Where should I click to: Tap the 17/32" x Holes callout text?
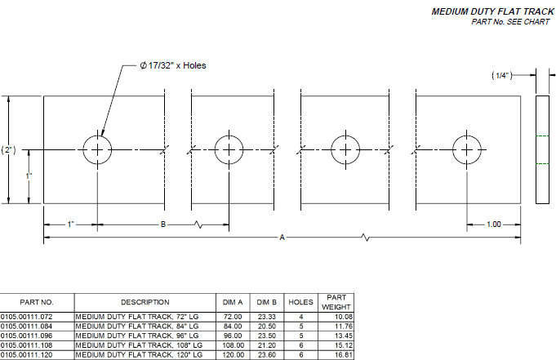click(x=173, y=64)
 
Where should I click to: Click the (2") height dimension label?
click(x=9, y=149)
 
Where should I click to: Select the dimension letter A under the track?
click(x=282, y=238)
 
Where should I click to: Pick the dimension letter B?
click(x=163, y=224)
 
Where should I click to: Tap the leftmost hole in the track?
click(x=97, y=149)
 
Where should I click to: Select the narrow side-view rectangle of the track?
click(x=543, y=149)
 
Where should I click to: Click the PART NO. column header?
click(x=37, y=302)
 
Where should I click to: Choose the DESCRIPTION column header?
click(x=145, y=302)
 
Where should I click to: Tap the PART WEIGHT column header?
click(x=336, y=302)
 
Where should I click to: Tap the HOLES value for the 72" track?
click(x=301, y=315)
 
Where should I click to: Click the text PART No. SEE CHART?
click(x=510, y=22)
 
